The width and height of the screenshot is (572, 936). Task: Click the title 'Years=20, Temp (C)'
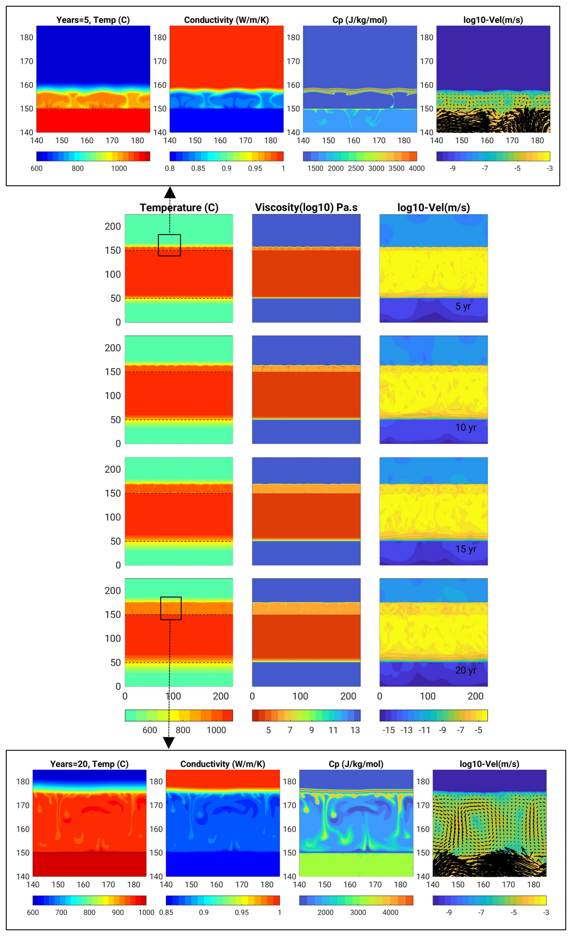coord(89,764)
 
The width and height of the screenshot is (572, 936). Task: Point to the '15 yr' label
coord(466,549)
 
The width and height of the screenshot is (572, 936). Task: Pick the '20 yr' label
coord(466,670)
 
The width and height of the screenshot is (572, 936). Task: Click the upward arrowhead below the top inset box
coord(170,192)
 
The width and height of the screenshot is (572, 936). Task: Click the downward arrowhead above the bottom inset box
coord(169,743)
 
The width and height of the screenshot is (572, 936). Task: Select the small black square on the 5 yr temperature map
coord(170,245)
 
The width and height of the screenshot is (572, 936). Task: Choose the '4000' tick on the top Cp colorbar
coord(417,168)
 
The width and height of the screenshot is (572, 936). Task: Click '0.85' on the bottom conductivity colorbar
coord(166,912)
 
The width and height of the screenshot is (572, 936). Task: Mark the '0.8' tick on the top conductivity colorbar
coord(170,168)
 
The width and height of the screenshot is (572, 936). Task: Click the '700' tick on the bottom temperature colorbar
coord(61,912)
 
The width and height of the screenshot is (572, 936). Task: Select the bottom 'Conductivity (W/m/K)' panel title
coord(223,764)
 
